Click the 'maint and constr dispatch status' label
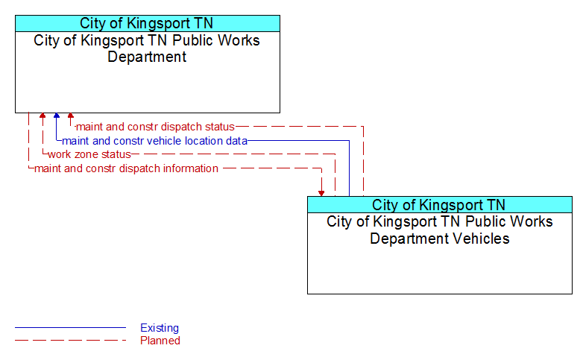(x=155, y=127)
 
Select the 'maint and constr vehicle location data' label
(x=154, y=141)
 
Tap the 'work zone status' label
(x=89, y=154)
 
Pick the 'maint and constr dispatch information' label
(x=126, y=168)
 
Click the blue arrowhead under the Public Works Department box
(x=57, y=116)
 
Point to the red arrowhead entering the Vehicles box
(x=321, y=193)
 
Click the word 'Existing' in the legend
(x=160, y=328)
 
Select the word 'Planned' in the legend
(x=160, y=341)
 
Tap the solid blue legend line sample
(x=70, y=328)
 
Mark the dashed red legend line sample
(x=70, y=341)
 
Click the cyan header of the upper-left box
(x=148, y=23)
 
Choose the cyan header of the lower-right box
(x=440, y=204)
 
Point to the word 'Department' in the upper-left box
(x=147, y=57)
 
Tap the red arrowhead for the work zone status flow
(x=42, y=116)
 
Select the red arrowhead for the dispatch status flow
(x=71, y=116)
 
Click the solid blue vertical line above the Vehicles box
(x=349, y=168)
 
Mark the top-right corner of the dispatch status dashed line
(x=363, y=127)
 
